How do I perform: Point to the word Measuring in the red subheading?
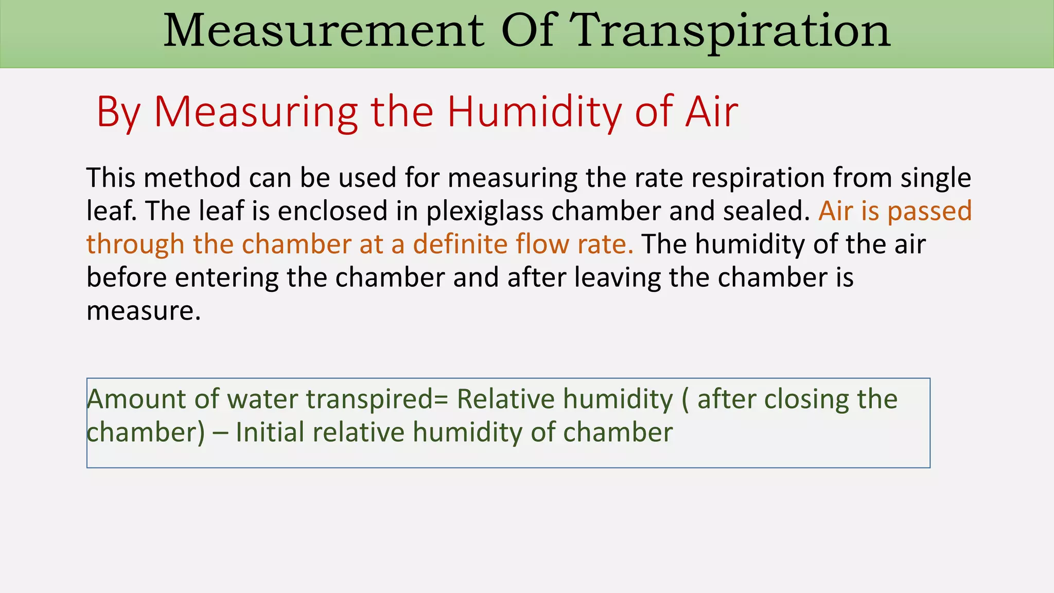point(256,112)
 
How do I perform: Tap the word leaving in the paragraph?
point(617,278)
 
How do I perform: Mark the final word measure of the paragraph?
point(143,311)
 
